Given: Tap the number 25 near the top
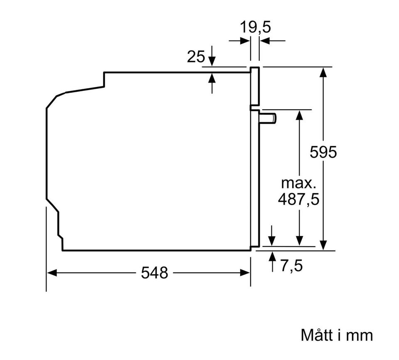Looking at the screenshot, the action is click(x=196, y=56).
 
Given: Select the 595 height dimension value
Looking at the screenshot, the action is click(x=323, y=152).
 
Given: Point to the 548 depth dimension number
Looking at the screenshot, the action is click(x=155, y=272).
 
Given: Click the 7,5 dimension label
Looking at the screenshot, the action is click(x=292, y=265).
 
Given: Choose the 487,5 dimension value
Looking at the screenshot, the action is click(x=298, y=199).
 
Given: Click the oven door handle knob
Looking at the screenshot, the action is click(x=268, y=118).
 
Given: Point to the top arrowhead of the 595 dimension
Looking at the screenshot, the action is click(x=323, y=72).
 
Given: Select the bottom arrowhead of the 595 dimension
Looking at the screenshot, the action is click(x=323, y=245).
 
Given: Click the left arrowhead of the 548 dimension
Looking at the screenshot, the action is click(x=52, y=273).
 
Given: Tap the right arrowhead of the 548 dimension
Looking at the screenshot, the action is click(x=245, y=273).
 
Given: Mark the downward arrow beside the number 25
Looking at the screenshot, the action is click(x=212, y=56).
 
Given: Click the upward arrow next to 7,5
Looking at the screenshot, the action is click(x=273, y=261).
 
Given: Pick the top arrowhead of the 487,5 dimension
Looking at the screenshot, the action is click(x=300, y=115).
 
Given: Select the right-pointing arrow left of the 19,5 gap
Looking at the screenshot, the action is click(x=239, y=40).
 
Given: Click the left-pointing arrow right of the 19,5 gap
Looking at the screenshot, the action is click(x=272, y=40).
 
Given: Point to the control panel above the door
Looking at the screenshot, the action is click(x=255, y=86).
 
